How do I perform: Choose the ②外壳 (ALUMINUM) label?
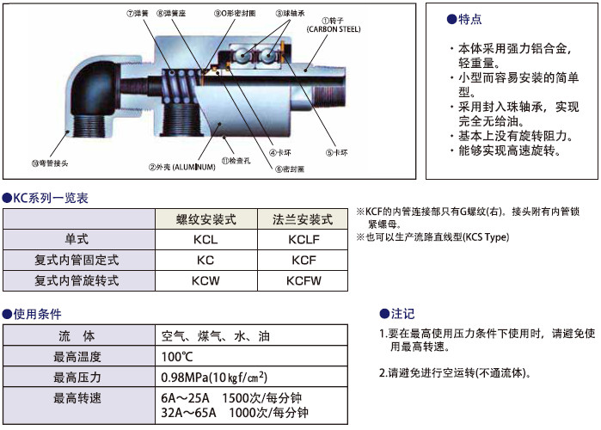[181, 166]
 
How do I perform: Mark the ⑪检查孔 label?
[236, 161]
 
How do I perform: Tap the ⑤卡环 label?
[337, 153]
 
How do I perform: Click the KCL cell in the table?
[205, 239]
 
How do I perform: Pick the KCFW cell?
[304, 280]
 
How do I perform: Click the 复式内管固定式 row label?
[77, 260]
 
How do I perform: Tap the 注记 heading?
[402, 314]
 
